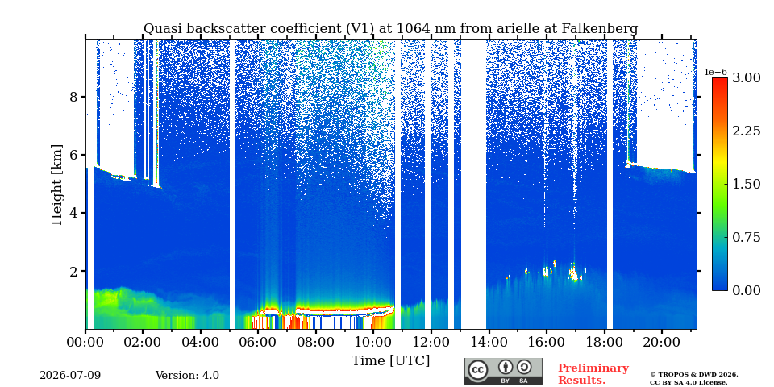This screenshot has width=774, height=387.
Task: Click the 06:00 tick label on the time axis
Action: coord(258,342)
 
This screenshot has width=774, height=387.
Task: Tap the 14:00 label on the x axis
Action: coord(489,342)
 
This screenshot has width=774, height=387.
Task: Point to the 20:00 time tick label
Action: coord(661,342)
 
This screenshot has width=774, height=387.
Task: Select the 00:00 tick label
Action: coord(85,342)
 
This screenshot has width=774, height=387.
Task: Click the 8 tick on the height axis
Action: coord(73,97)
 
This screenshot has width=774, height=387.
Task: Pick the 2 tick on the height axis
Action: coord(73,272)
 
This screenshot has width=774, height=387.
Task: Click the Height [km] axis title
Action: coord(57,185)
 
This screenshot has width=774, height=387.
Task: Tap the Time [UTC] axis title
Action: coord(390,361)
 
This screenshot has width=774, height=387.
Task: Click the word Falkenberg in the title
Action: coord(600,29)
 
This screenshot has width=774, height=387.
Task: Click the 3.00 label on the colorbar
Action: coord(747,77)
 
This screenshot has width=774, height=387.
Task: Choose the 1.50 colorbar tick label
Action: coord(747,184)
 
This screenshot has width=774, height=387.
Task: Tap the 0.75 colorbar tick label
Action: coord(747,237)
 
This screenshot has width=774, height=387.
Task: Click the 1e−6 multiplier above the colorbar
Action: coord(716,72)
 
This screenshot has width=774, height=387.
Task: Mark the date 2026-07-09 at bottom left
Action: coord(70,376)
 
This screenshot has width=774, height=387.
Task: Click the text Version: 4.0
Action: coord(187,376)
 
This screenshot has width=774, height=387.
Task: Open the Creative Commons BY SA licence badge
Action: coord(503,371)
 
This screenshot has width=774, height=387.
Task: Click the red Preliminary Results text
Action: coord(593,374)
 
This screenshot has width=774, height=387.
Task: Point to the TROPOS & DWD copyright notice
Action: coord(694,378)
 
